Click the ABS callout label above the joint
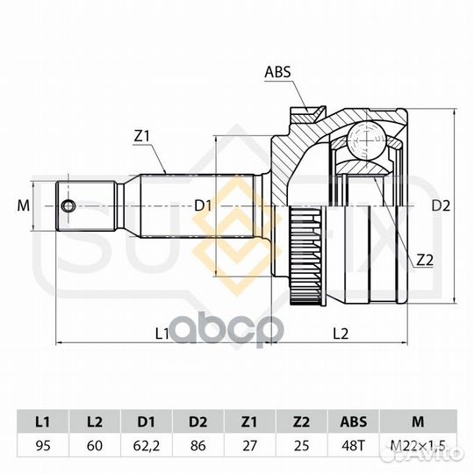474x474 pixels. point(277,72)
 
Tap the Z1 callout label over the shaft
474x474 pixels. point(142,137)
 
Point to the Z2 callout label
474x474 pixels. point(425,260)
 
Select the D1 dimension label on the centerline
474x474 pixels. point(202,206)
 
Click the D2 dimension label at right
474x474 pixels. point(441,206)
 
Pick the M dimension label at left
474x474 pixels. point(24,206)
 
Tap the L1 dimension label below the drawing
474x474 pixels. point(162,334)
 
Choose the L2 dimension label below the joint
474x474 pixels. point(341,334)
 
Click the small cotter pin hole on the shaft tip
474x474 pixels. point(68,206)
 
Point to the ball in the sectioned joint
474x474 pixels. point(366,140)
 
